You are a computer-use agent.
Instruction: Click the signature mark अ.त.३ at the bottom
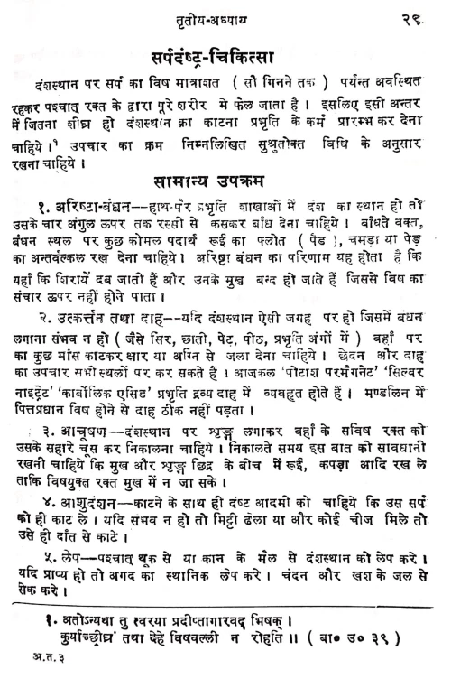pyautogui.click(x=34, y=679)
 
